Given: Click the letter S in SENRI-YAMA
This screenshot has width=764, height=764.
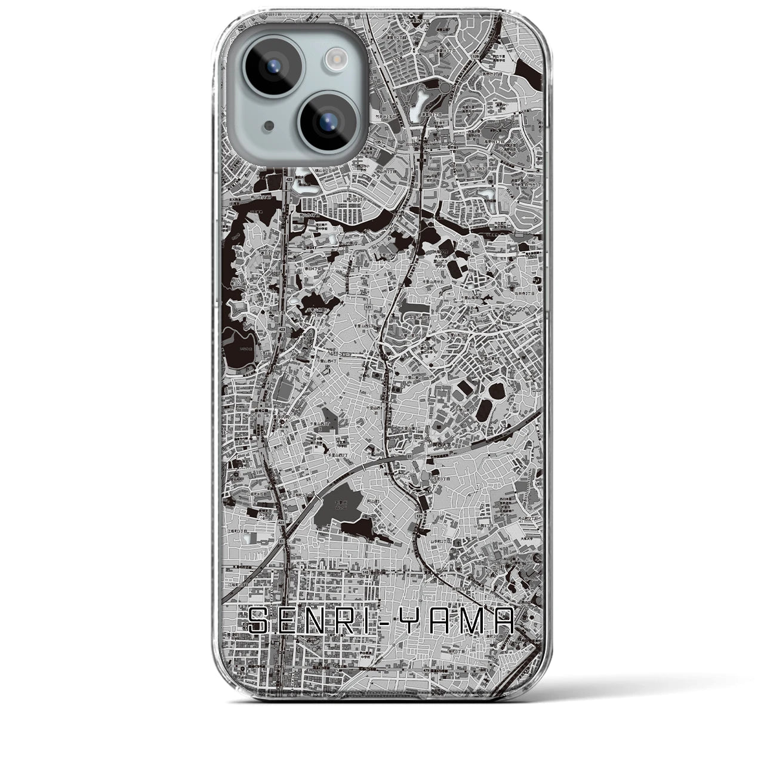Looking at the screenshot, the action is (260, 622).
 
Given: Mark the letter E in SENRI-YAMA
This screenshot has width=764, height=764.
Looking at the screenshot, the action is (291, 622).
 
